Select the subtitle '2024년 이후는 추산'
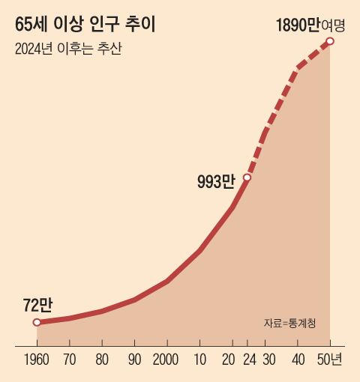point(67,49)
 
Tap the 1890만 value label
point(298,25)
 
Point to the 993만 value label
point(216,181)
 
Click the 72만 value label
point(37,304)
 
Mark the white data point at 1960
point(37,323)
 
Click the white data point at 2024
point(247,178)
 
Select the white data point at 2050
point(330,40)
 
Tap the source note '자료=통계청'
point(289,324)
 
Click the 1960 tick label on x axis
point(37,360)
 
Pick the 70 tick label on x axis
point(69,360)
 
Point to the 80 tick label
point(101,360)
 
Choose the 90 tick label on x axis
point(134,360)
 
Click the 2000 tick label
point(166,360)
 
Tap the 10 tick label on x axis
point(199,360)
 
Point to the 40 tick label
point(298,360)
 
